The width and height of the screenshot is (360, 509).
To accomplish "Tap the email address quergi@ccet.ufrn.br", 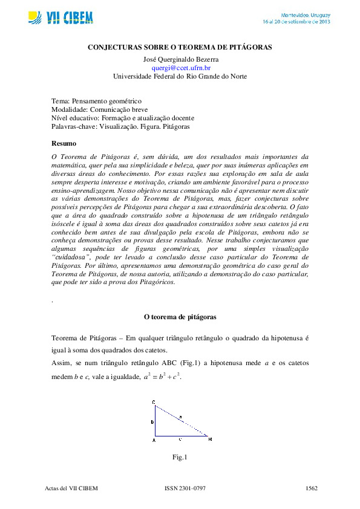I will (x=180, y=68).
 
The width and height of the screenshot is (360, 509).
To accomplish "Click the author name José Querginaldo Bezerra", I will (x=180, y=60).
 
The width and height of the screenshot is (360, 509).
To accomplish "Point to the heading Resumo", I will (x=64, y=143).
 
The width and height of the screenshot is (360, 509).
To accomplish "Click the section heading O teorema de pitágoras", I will (x=180, y=316).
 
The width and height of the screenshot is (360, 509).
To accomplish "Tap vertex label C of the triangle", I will (x=154, y=402).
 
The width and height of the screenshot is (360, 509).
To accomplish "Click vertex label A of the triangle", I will (x=154, y=440).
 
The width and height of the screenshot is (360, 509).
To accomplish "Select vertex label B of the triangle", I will (x=210, y=439).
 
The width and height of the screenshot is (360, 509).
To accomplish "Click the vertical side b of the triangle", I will (x=155, y=420).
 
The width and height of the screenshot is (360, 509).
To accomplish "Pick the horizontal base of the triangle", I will (x=181, y=436).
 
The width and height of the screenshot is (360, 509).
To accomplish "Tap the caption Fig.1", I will (x=180, y=458).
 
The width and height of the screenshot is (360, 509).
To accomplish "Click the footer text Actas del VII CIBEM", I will (x=71, y=488).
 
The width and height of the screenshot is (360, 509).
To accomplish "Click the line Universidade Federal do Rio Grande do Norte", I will (x=180, y=77).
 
